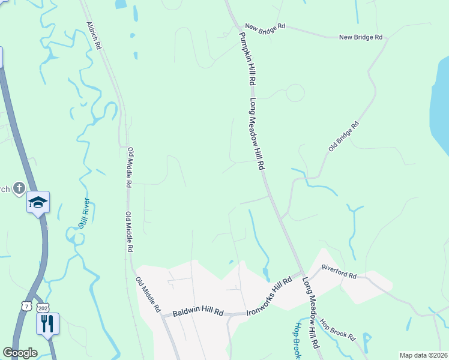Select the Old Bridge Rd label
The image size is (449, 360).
pyautogui.click(x=344, y=136)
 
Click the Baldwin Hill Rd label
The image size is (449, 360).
pyautogui.click(x=197, y=313)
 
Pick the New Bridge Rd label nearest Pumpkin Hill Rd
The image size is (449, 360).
pyautogui.click(x=265, y=28)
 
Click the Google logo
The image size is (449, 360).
pyautogui.click(x=20, y=353)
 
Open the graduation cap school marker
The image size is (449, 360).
pyautogui.click(x=38, y=202)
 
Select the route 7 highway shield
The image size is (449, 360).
pyautogui.click(x=26, y=306)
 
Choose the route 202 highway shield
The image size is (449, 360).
pyautogui.click(x=42, y=307)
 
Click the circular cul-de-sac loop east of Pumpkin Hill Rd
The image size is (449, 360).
pyautogui.click(x=295, y=93)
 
